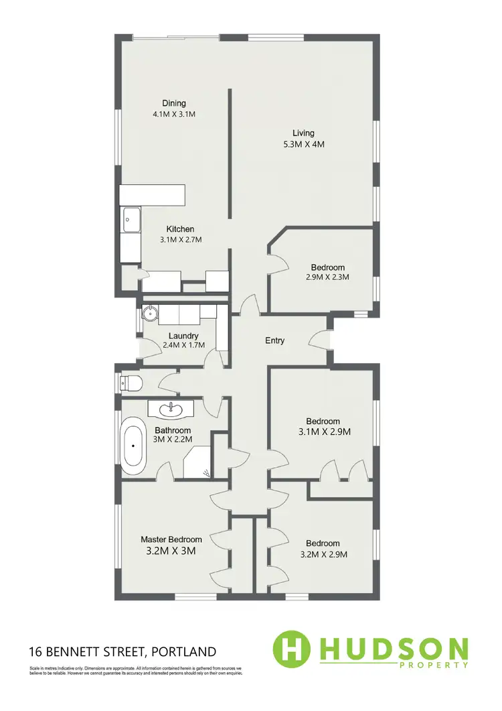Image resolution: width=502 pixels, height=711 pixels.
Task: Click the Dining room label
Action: point(173,103)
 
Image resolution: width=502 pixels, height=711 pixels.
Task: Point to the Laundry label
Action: point(183,336)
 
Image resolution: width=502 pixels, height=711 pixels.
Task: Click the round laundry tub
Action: point(151,312)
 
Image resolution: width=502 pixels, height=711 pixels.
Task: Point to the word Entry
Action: point(275,340)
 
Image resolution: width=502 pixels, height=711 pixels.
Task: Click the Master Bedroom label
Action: point(171,539)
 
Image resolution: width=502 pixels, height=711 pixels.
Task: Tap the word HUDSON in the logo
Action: point(394,648)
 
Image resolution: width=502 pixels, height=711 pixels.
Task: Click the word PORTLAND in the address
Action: point(184,651)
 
